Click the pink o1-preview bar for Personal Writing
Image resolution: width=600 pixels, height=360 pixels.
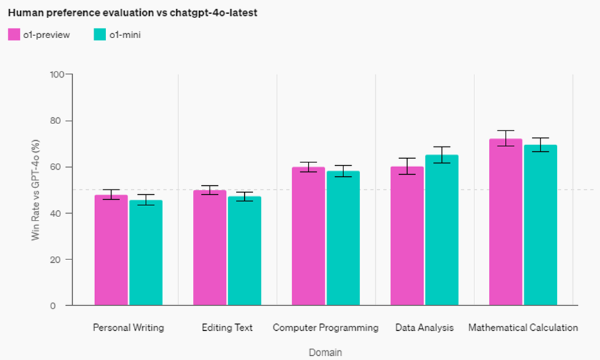(x=111, y=250)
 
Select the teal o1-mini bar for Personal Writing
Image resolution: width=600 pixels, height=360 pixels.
(x=146, y=253)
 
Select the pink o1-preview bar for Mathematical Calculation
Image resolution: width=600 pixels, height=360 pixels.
(x=506, y=222)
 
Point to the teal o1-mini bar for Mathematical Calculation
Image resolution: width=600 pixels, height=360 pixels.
(x=540, y=225)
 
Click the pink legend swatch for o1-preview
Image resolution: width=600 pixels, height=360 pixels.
(x=14, y=35)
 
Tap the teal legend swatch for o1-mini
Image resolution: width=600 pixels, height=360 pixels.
(x=99, y=35)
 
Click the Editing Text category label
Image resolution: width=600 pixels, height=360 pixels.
(x=227, y=327)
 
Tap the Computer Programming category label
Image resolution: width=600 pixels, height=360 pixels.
(x=325, y=327)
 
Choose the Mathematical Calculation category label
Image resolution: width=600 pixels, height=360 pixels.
(x=523, y=327)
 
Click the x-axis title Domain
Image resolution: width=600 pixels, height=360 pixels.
(x=325, y=352)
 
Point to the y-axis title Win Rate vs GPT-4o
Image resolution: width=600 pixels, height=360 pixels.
(x=35, y=189)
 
